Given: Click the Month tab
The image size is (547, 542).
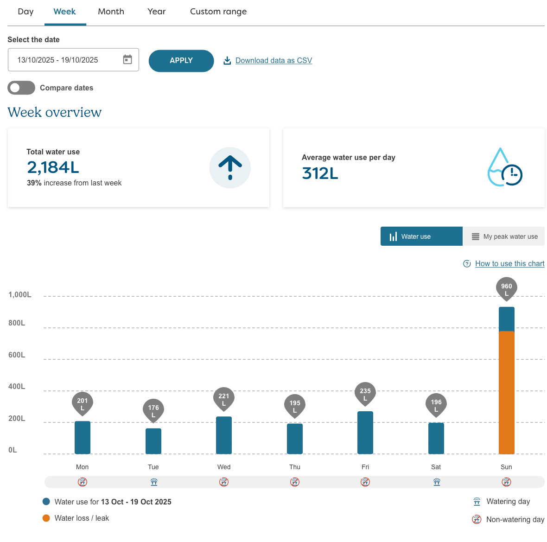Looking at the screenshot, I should click(111, 12).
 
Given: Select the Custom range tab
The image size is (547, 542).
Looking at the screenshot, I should click(218, 12).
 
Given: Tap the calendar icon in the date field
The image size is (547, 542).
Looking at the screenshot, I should click(127, 60).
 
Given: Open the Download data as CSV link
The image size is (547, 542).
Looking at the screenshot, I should click(273, 61).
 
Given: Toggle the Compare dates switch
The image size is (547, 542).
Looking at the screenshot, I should click(21, 88).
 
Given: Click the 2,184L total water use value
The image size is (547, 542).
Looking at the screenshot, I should click(53, 167).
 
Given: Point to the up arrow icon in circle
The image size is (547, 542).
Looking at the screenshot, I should click(230, 168).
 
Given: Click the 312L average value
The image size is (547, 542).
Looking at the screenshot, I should click(320, 173).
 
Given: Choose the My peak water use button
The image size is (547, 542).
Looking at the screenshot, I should click(504, 236).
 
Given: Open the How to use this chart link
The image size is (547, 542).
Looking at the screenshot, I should click(509, 264).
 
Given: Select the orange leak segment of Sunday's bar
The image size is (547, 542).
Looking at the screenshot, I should click(506, 392).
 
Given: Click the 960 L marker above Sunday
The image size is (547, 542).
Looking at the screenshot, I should click(506, 289).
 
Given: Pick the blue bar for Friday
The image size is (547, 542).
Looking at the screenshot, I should click(365, 433).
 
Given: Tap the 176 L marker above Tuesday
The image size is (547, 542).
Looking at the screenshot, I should click(153, 410).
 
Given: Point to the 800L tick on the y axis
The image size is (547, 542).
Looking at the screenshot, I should click(17, 323).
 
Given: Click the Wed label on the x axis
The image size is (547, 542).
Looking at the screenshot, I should click(224, 467).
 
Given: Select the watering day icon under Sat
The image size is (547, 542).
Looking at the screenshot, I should click(436, 482).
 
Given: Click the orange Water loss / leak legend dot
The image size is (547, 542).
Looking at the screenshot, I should click(46, 518).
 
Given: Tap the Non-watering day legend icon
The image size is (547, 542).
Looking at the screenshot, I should click(477, 520).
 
